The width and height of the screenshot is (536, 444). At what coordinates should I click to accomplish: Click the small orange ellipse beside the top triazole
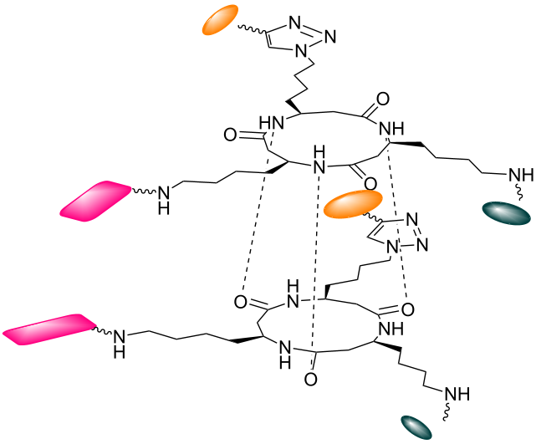click(220, 19)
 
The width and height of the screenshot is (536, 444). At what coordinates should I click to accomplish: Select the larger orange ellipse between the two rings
click(353, 204)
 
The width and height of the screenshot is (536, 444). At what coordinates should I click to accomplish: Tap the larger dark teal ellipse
click(506, 213)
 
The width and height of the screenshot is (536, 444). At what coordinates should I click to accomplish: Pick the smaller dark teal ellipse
click(416, 427)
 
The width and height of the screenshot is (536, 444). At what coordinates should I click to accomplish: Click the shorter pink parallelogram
click(95, 201)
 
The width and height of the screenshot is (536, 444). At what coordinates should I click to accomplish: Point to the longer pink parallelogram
click(50, 329)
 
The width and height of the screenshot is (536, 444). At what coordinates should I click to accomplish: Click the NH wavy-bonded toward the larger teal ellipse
click(521, 176)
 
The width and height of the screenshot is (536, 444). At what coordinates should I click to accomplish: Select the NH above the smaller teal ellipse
click(457, 394)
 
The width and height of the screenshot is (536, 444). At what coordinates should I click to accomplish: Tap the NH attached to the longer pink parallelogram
click(120, 344)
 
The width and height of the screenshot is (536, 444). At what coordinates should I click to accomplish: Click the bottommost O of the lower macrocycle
click(310, 380)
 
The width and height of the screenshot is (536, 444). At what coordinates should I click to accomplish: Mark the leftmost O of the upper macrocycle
click(230, 135)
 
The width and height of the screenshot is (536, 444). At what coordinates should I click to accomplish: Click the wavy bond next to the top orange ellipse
click(253, 29)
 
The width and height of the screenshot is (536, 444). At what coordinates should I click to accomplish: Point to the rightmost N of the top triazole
click(329, 36)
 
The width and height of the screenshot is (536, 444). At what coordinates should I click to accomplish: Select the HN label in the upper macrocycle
click(272, 123)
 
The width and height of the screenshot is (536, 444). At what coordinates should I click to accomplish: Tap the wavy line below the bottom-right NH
click(446, 411)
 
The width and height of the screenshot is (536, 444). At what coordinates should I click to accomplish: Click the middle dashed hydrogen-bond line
click(315, 264)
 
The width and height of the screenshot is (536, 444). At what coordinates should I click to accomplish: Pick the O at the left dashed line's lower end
click(240, 302)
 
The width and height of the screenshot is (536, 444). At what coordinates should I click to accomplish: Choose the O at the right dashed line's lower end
click(407, 309)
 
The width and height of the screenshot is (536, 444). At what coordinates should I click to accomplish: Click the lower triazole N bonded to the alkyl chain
click(392, 247)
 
